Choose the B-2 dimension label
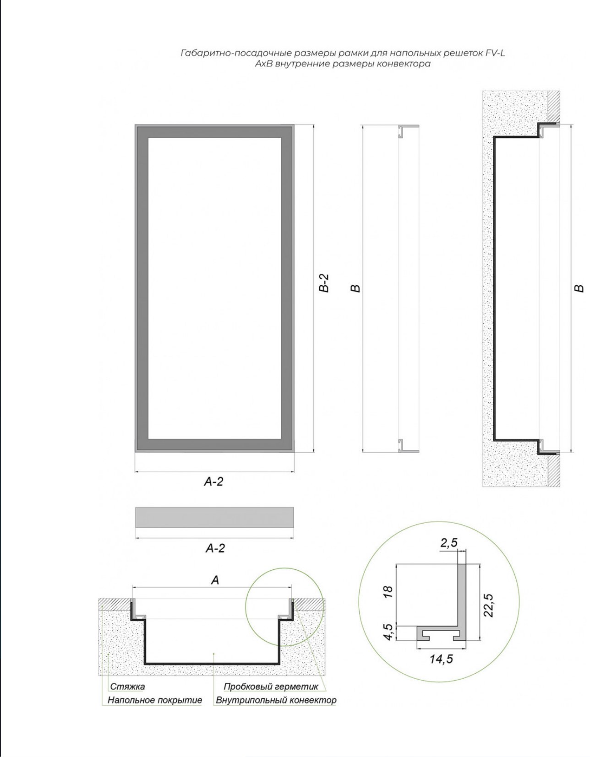pos(324,283)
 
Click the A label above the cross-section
pos(215,580)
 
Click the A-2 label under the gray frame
pos(213,482)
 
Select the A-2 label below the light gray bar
pos(215,548)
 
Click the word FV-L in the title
pos(495,53)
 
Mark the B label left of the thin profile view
pos(355,288)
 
